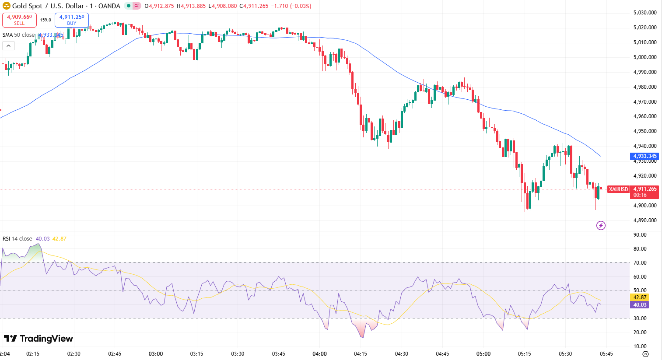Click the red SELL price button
[x=19, y=20]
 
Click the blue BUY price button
[x=72, y=20]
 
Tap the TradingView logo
[x=38, y=339]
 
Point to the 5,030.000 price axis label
[x=645, y=13]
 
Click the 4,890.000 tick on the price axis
[x=645, y=220]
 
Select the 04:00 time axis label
[x=319, y=354]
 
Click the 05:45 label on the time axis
[x=606, y=354]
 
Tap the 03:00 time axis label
[x=156, y=354]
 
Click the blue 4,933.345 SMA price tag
[x=645, y=156]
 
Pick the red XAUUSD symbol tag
[x=618, y=189]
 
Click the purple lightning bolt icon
[x=601, y=226]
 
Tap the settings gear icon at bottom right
[x=645, y=354]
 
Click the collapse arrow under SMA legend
[x=9, y=45]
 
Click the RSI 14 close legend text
[x=18, y=239]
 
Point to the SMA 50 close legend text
[x=18, y=35]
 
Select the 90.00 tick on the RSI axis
[x=640, y=235]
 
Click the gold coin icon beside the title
[x=6, y=6]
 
